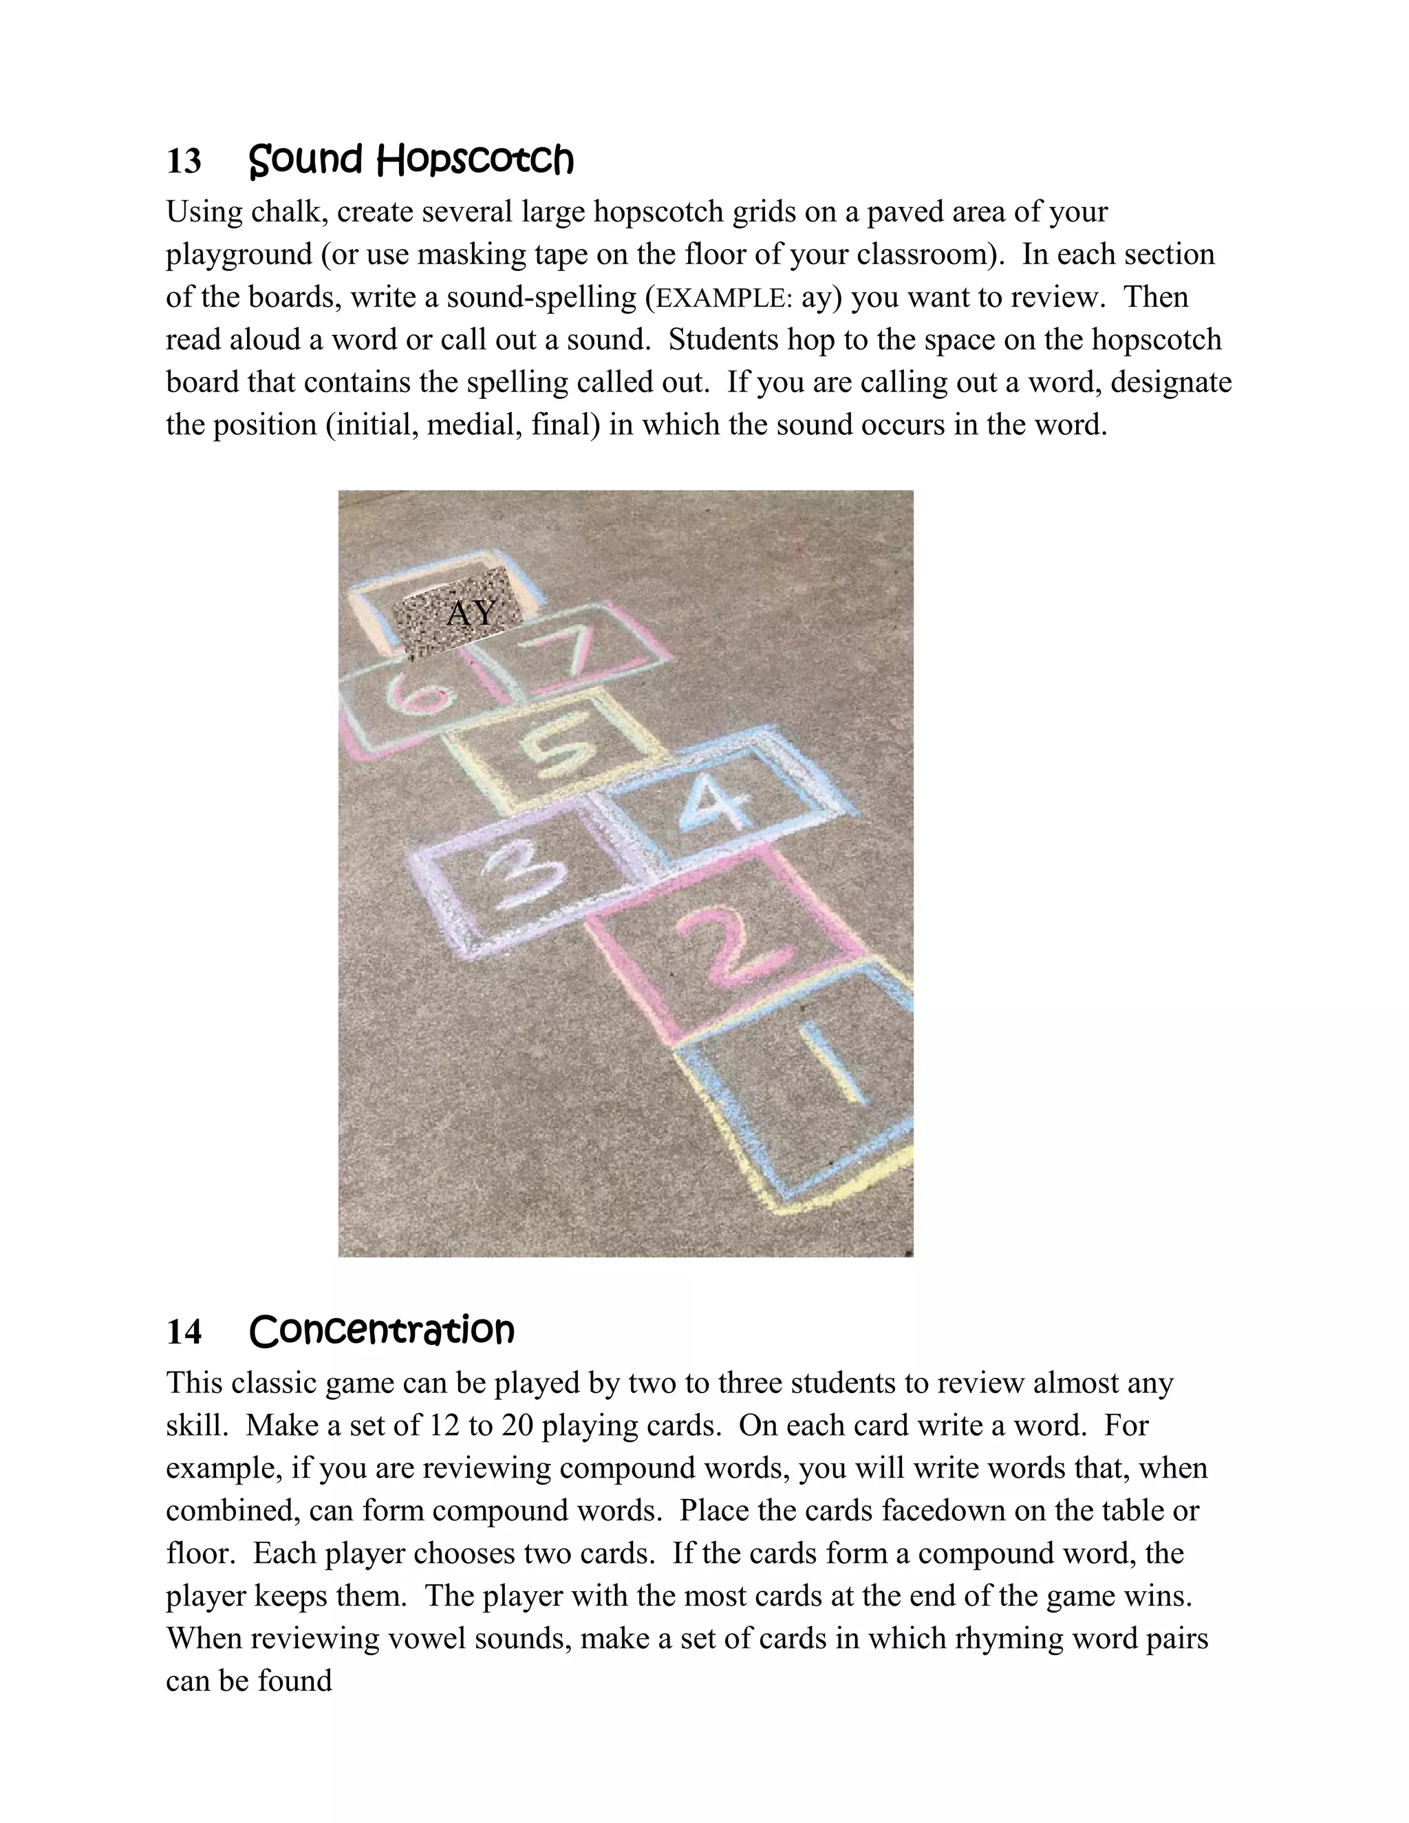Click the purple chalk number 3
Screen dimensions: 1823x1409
pyautogui.click(x=518, y=883)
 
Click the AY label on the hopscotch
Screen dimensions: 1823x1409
pyautogui.click(x=471, y=614)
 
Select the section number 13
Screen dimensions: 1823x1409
pyautogui.click(x=184, y=161)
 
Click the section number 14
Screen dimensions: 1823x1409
pyautogui.click(x=184, y=1333)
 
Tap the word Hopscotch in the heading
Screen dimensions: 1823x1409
pyautogui.click(x=474, y=160)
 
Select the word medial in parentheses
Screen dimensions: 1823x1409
pyautogui.click(x=471, y=425)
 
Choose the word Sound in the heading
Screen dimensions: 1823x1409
pyautogui.click(x=305, y=160)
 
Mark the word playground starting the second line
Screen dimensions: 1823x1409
pyautogui.click(x=239, y=255)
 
